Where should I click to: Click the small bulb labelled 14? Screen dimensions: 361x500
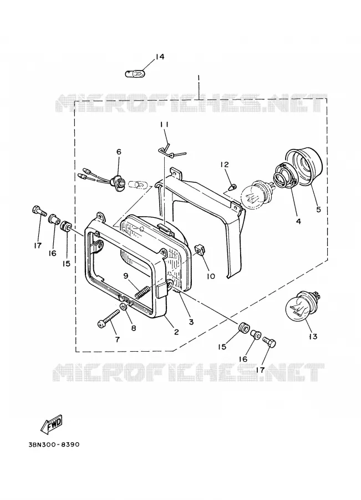134,74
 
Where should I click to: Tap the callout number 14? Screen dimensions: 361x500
160,57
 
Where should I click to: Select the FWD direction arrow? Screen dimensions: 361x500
52,425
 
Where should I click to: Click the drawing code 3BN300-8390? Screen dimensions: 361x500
54,444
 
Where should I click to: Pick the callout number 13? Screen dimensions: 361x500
313,337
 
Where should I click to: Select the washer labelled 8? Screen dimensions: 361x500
124,307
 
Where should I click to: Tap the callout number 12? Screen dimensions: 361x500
225,164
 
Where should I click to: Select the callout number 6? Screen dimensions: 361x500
119,152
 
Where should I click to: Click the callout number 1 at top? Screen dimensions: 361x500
199,77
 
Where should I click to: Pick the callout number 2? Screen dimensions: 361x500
176,332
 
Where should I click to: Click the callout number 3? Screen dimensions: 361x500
191,322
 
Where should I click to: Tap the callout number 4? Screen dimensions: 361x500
298,221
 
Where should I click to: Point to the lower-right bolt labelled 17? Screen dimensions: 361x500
269,343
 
